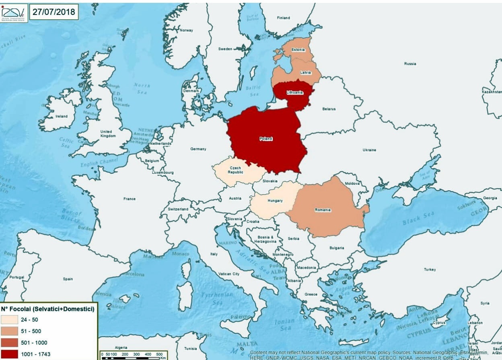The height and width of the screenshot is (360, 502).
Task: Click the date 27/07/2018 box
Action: [x=53, y=12]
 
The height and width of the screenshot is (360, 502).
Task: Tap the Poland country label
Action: [x=265, y=139]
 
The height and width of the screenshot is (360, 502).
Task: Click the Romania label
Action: [x=323, y=210]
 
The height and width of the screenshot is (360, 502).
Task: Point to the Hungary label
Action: [x=275, y=201]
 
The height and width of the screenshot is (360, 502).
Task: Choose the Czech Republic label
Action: [x=236, y=169]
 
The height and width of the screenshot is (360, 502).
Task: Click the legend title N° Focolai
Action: [x=47, y=309]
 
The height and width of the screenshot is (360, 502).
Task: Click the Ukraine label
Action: [x=369, y=150]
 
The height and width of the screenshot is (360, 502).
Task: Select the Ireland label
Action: [x=62, y=116]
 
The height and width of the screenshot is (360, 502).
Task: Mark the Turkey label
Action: [x=430, y=269]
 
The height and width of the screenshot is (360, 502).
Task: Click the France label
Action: [x=130, y=199]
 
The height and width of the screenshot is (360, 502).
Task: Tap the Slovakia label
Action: [x=270, y=181]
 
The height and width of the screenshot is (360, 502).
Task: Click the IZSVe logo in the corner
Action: [x=14, y=12]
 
